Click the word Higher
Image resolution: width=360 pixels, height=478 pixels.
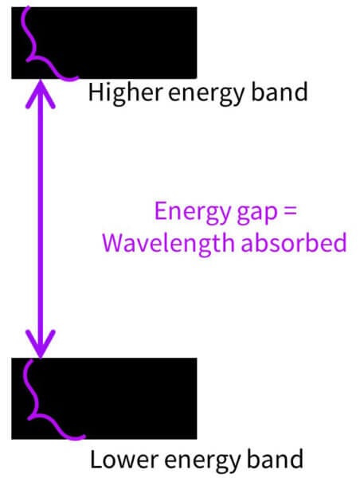coord(125,94)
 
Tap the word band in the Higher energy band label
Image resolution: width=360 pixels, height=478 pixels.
coord(280,92)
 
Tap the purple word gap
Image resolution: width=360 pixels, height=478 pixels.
coord(257,214)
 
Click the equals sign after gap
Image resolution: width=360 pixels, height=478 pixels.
coord(290,211)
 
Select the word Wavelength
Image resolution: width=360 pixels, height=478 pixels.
coord(169,243)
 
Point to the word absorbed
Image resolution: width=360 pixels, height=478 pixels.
coord(294,242)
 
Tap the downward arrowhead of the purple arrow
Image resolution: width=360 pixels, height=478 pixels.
coord(41,343)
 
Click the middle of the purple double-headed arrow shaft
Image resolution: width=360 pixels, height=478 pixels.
coord(41,218)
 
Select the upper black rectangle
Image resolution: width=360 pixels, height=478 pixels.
coord(104,43)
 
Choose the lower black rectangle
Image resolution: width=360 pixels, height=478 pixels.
coord(104,398)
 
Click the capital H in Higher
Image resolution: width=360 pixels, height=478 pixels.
coord(95,92)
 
